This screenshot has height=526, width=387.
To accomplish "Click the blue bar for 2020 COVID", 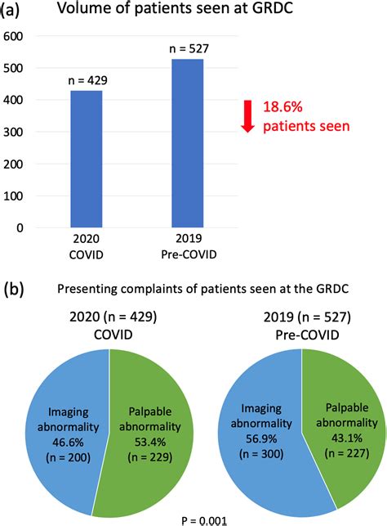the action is coord(87,159).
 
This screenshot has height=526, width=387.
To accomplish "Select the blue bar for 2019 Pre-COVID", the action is coord(188,143).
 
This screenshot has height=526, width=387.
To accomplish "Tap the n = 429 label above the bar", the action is coord(87,80).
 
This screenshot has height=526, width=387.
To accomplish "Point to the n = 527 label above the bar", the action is coord(189,48).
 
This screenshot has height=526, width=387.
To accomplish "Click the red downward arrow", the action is coord(247,116).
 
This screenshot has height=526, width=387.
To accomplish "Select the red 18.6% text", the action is coord(282,107).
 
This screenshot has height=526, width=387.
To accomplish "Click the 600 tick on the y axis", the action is coord(13,36).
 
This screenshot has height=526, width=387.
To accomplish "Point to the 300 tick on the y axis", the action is coord(13,132).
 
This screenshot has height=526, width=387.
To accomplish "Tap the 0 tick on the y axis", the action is coord(20,227).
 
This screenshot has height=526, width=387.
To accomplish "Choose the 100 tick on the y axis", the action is coord(13,196).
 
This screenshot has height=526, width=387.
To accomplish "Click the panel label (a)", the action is coord(10,9).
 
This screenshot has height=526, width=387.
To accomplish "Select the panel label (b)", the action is coord(13,289).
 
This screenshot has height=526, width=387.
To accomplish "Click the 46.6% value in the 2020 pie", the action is coord(68,442).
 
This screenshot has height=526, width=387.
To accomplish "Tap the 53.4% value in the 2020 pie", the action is coord(150,442).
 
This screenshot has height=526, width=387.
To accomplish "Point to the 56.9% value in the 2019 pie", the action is coord(261,438).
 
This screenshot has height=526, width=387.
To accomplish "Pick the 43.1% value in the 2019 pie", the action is coord(347,438).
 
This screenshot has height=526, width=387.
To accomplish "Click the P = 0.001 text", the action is coord(204,520).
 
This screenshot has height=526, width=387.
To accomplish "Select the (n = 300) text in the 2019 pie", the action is coord(261,454).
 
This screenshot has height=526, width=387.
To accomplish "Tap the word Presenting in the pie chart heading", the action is coord(87,289).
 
